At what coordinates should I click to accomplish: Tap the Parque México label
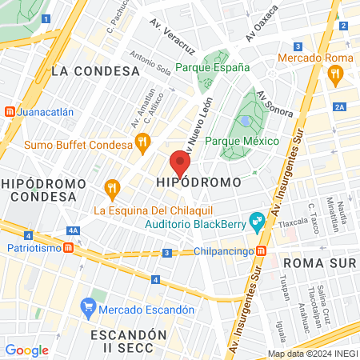[x=242, y=141]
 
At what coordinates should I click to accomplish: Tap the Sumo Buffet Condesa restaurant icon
[x=143, y=145]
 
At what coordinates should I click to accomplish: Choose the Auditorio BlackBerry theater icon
[x=257, y=218]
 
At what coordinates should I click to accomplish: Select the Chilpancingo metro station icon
[x=261, y=251]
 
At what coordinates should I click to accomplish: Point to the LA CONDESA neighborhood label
[x=95, y=71]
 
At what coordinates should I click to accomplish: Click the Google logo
[x=26, y=350]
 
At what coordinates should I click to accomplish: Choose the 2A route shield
[x=339, y=106]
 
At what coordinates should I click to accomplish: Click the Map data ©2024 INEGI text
[x=312, y=353]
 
